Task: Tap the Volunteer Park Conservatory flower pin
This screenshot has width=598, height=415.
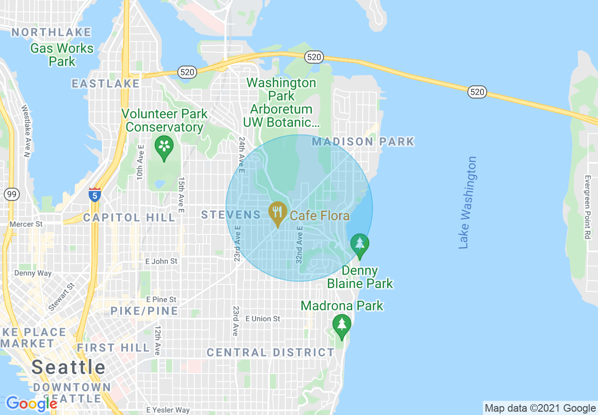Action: [x=164, y=147]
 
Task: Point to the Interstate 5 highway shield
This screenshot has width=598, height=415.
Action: [x=95, y=194]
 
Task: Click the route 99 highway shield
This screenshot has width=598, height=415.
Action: [x=11, y=194]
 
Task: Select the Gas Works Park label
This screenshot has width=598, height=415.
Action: [x=62, y=55]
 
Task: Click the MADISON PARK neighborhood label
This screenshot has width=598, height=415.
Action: [x=363, y=141]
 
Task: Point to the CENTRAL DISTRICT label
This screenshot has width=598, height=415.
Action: [x=270, y=352]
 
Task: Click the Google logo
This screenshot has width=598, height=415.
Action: [x=32, y=404]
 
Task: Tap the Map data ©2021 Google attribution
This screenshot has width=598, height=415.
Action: [x=540, y=408]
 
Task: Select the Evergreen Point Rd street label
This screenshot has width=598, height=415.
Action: [x=587, y=207]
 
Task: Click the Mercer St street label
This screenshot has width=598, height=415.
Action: [x=26, y=224]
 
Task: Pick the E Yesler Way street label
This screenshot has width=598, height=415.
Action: [x=167, y=410]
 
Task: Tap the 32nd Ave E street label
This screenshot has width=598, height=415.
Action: [x=299, y=243]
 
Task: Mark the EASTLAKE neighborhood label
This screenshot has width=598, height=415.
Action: [x=106, y=83]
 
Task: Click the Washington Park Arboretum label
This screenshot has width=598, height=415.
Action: [x=282, y=102]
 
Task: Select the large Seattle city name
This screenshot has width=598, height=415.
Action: [x=69, y=367]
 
